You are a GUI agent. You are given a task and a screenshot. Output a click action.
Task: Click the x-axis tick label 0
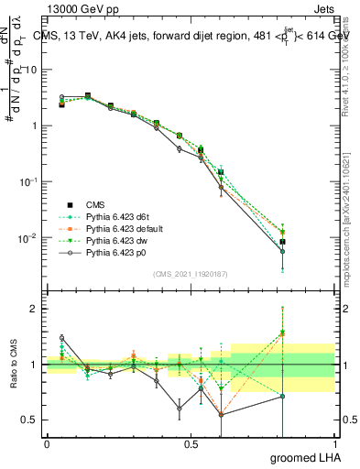click(47, 443)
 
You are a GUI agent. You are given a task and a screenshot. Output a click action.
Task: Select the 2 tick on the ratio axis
click(36, 309)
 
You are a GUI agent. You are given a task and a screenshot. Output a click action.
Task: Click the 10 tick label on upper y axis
click(32, 70)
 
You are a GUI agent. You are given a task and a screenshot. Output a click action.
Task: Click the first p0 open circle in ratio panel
click(61, 338)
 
